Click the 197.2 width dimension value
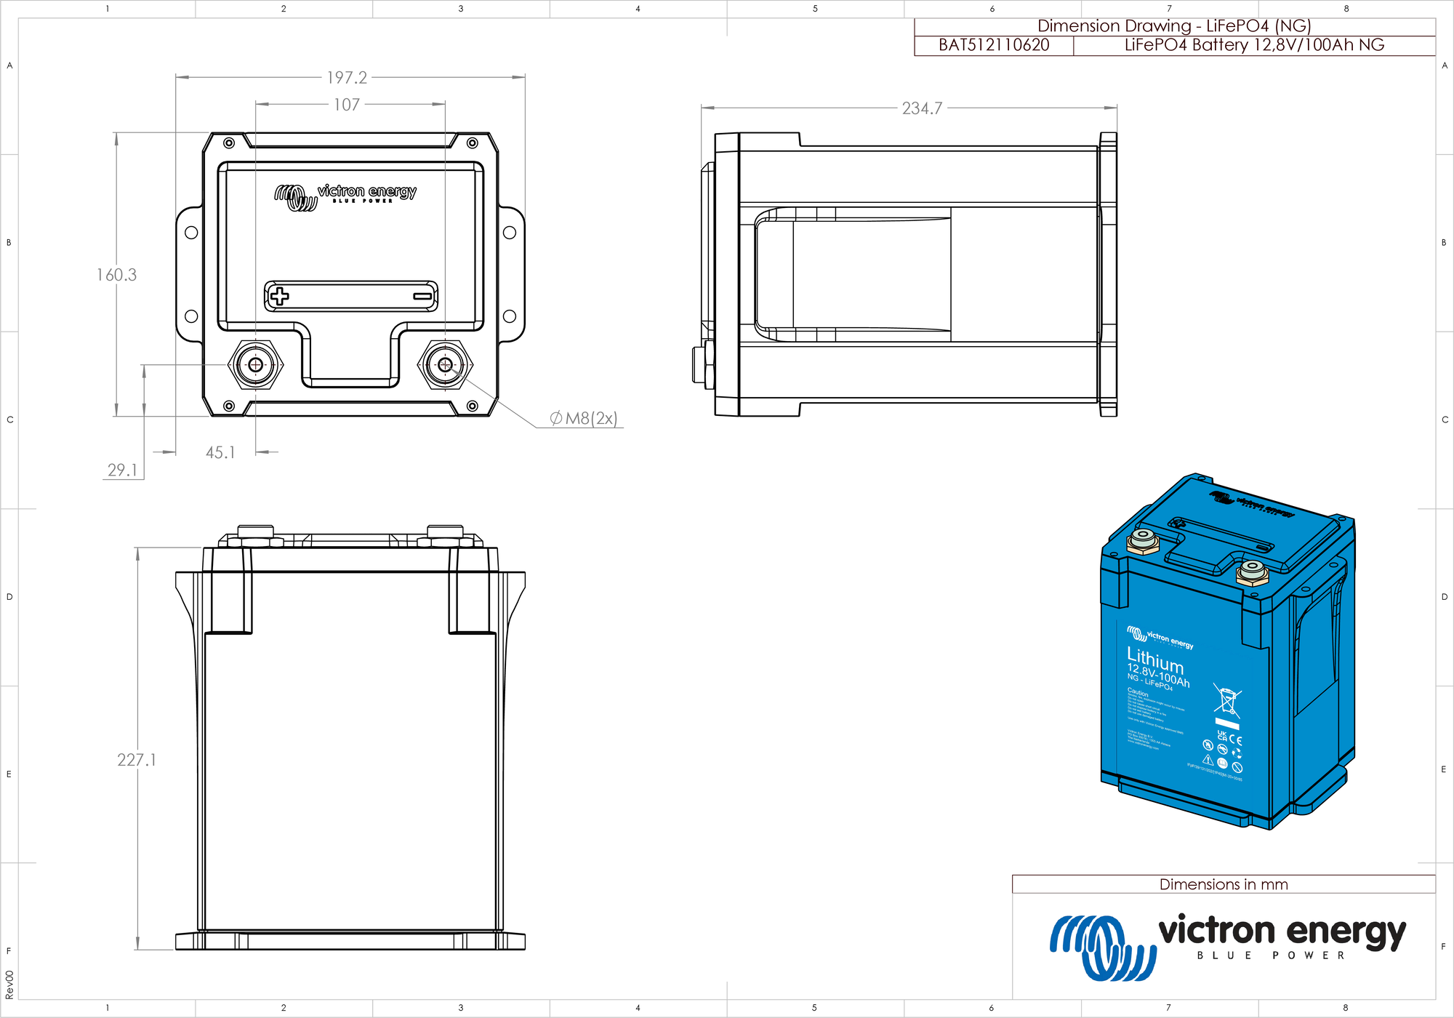point(347,78)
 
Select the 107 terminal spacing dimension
point(347,105)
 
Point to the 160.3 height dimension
point(116,275)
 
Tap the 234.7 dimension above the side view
point(922,108)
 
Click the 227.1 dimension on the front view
point(137,760)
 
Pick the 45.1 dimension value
point(220,452)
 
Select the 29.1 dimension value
point(122,470)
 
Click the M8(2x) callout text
point(584,418)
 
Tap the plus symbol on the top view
point(279,296)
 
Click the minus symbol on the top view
point(422,296)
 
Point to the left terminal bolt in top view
point(255,364)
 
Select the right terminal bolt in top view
point(445,364)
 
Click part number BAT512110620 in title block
point(994,45)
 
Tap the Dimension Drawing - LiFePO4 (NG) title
point(1173,26)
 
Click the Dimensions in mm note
point(1223,884)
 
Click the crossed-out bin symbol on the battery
point(1227,700)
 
